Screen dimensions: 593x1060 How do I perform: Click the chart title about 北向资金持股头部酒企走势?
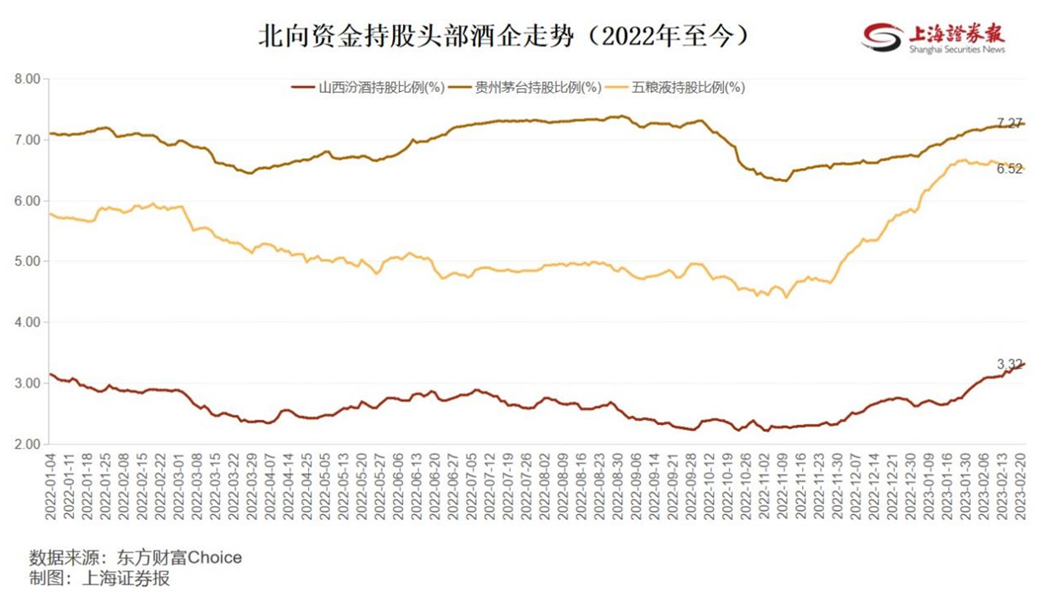[504, 36]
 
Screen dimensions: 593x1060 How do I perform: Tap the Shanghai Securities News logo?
[934, 37]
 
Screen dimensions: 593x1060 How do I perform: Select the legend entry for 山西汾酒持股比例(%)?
[369, 87]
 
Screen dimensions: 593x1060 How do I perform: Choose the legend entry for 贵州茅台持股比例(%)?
[525, 87]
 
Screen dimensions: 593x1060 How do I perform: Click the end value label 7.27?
[1008, 123]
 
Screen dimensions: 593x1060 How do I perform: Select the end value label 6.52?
[1008, 169]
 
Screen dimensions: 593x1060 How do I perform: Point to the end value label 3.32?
[1008, 364]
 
